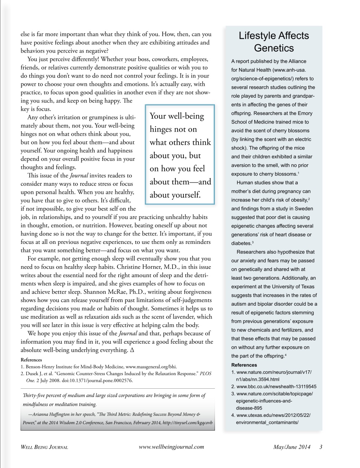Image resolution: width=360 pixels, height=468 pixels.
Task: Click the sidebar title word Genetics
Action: click(x=274, y=48)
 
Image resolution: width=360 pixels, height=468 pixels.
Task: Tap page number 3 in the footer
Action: click(x=321, y=447)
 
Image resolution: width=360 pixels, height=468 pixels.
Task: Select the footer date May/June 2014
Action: click(x=292, y=447)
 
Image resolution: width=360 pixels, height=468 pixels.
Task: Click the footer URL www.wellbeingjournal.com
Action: click(x=172, y=447)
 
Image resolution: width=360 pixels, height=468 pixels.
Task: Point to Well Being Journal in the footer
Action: click(x=44, y=447)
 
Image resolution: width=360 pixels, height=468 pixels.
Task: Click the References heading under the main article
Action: click(x=31, y=360)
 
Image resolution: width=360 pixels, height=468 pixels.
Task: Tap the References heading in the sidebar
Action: click(x=244, y=365)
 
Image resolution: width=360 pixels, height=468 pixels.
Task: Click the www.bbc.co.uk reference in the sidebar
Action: click(x=276, y=386)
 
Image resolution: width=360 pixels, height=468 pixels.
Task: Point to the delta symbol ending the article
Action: click(x=126, y=350)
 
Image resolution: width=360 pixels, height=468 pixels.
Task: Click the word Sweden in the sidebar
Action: click(x=305, y=208)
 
